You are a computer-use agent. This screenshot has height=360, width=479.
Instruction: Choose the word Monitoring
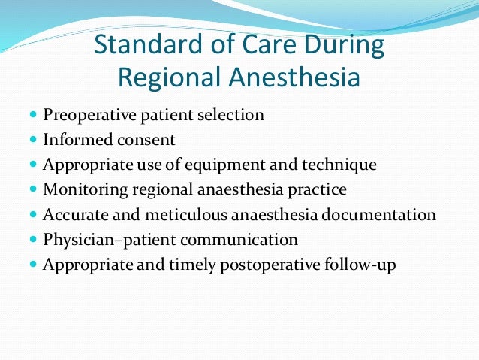80,189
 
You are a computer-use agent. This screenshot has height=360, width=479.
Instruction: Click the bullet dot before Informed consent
33,141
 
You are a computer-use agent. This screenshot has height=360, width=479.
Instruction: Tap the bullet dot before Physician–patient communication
33,240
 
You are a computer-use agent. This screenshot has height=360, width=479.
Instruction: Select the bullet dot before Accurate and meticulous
33,215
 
